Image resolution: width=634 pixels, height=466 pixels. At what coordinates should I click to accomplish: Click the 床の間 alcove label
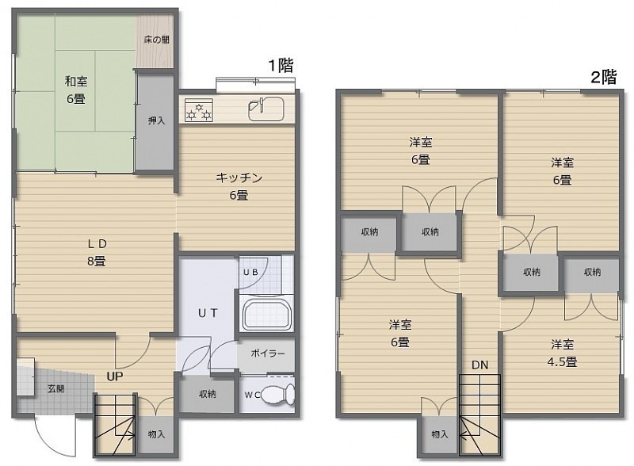pos(156,40)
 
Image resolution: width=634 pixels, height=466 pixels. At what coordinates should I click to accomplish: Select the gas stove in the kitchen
pos(199,110)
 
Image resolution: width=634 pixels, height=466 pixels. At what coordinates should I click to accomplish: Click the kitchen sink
pos(265,109)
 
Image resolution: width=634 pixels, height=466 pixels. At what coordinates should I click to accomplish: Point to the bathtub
pos(266,313)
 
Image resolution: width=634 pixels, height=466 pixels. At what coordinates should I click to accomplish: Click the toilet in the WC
pos(278,395)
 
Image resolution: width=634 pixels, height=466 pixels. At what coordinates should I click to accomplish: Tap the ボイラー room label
pos(268,353)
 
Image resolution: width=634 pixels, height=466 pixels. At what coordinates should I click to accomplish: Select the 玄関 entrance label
pos(55,389)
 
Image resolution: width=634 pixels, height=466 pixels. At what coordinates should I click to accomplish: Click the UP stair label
pos(115,376)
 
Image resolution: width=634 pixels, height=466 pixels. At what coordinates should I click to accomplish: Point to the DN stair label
pos(480,365)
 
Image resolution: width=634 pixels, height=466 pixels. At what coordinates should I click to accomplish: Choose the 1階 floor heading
pos(281,65)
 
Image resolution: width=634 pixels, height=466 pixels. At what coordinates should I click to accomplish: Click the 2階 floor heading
pos(604,76)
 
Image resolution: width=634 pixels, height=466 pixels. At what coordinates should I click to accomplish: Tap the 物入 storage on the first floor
pos(156,434)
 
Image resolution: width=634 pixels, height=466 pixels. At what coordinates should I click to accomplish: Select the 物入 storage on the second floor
pos(440,434)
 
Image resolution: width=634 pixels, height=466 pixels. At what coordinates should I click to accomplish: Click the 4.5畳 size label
pos(562,362)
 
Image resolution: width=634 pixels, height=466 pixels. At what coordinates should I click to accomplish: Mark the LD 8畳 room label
pos(97,252)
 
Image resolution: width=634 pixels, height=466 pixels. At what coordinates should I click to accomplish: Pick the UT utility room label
pos(208,313)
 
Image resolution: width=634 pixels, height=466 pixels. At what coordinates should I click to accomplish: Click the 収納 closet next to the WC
pos(208,394)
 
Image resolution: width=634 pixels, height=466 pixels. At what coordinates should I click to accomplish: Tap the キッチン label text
pos(239,178)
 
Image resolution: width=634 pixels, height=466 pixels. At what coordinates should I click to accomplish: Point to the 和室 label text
pos(76,82)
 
